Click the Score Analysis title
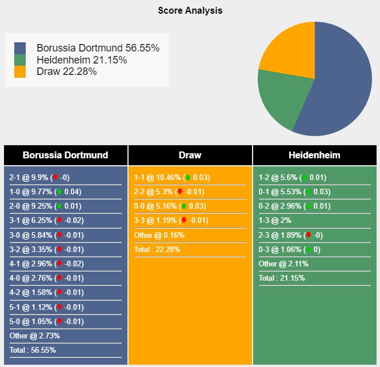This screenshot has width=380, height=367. coord(190,11)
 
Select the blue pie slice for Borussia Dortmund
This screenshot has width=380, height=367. coord(337,86)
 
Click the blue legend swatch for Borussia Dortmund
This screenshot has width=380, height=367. coord(20,48)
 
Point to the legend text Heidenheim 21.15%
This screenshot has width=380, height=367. coord(81,60)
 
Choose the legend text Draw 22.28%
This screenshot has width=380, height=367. coord(66,71)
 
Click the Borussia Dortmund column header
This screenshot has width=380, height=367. coord(65,155)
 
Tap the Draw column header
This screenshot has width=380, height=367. coord(190,155)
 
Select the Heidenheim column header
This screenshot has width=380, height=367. coord(314,155)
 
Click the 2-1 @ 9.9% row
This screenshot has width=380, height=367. coord(39,177)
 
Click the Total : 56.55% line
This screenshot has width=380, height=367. coord(33,350)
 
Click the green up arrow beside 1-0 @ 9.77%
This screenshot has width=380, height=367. coord(59,192)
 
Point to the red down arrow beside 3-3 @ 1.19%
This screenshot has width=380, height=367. coord(183,221)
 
